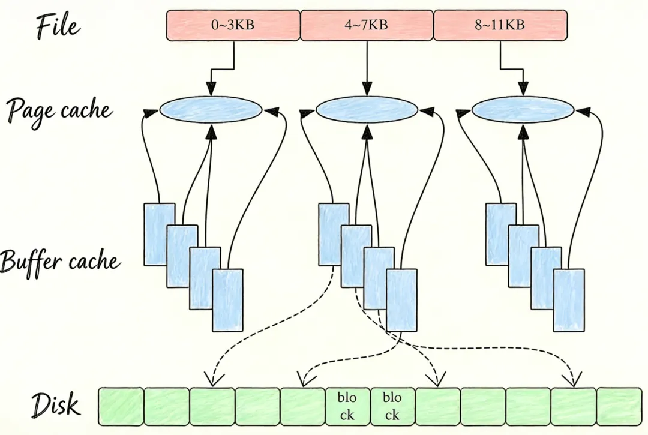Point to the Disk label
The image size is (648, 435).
(x=55, y=405)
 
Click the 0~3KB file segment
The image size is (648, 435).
(x=233, y=25)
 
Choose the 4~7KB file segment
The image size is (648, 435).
(x=366, y=25)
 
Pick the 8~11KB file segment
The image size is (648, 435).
(x=500, y=25)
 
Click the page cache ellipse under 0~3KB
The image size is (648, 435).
(x=211, y=110)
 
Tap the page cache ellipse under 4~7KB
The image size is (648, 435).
(x=367, y=110)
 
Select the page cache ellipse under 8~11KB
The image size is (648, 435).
(x=523, y=110)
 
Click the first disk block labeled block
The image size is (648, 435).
(x=348, y=406)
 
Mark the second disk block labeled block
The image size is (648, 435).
(x=393, y=406)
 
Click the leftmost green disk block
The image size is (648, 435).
(x=121, y=406)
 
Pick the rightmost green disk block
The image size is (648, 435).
(x=619, y=406)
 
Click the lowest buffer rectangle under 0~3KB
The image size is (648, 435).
(x=228, y=300)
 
